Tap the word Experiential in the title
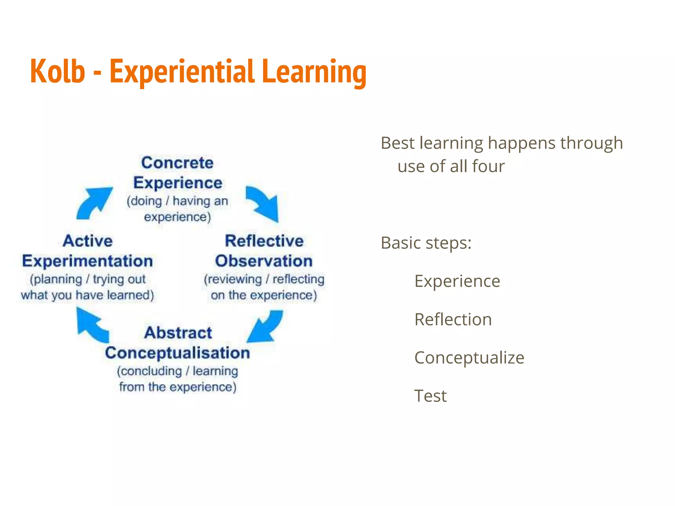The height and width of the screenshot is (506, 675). click(182, 72)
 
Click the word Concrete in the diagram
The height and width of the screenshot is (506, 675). click(177, 163)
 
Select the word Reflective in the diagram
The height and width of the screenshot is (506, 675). click(264, 241)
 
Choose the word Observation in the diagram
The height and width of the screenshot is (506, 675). click(264, 261)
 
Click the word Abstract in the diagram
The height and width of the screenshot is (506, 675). click(178, 333)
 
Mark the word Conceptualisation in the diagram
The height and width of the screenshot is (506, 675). click(177, 353)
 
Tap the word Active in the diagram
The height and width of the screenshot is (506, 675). click(88, 241)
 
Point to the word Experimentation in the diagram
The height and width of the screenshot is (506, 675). click(87, 261)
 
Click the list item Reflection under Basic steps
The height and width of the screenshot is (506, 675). click(453, 319)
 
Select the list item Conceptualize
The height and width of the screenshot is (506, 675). click(469, 357)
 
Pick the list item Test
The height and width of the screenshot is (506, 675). click(430, 396)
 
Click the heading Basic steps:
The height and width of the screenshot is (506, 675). click(426, 243)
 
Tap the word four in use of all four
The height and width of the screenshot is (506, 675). click(488, 166)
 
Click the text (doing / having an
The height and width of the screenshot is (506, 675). click(177, 201)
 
